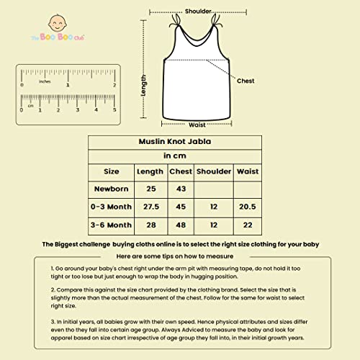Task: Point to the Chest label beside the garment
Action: tap(246, 81)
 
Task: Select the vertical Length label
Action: tap(144, 88)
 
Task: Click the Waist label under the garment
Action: tap(197, 125)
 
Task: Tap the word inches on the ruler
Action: tap(45, 81)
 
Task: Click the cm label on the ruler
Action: tap(30, 105)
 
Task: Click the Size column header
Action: tap(112, 172)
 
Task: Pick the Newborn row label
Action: tap(112, 189)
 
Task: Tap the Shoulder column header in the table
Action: tap(215, 172)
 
